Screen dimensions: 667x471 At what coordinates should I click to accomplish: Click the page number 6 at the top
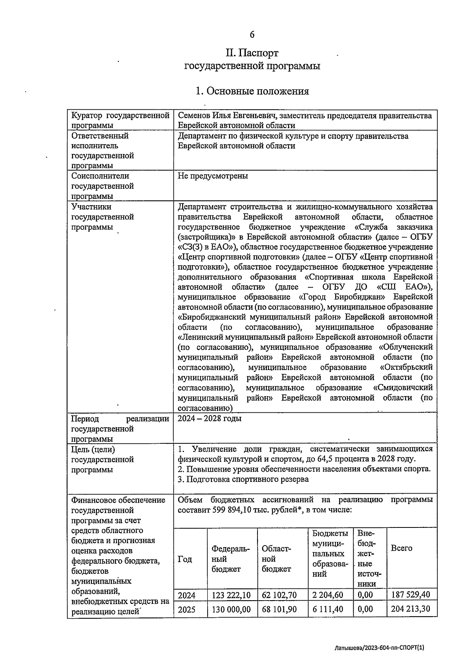tap(252, 35)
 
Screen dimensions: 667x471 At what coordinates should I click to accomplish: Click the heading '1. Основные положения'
tap(252, 91)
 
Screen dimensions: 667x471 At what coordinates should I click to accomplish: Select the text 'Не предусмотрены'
tap(213, 176)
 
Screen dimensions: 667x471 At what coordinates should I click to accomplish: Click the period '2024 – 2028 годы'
tap(210, 419)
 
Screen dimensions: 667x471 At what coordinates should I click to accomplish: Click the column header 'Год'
tap(185, 559)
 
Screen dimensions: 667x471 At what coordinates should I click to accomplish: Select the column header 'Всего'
tap(402, 548)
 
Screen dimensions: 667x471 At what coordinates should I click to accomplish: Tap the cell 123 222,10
tap(231, 595)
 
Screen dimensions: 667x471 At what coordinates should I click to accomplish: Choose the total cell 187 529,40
tap(411, 595)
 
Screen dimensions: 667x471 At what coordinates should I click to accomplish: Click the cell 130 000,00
tap(231, 610)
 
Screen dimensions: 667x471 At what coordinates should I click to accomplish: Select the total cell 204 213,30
tap(411, 610)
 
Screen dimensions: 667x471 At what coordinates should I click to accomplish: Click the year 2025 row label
tap(186, 610)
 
